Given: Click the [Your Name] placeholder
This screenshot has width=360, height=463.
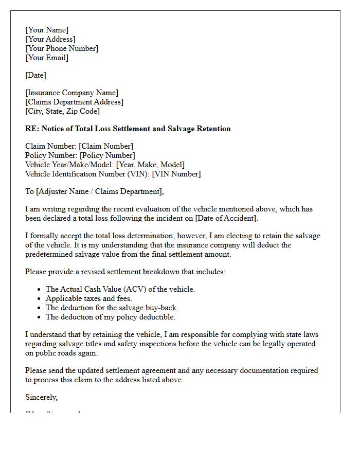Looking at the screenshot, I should click(47, 30).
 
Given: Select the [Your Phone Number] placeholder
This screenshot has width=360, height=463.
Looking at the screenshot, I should click(62, 48).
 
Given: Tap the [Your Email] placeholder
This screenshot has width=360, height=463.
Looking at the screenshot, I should click(47, 58).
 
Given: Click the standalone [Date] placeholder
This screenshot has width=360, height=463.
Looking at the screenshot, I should click(35, 75).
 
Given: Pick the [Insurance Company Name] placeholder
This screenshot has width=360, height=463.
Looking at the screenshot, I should click(71, 93).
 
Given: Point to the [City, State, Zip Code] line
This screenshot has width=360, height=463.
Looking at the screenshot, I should click(62, 111).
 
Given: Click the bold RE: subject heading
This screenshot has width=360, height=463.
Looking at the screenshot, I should click(128, 129).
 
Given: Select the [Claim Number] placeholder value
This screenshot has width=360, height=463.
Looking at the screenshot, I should click(106, 146).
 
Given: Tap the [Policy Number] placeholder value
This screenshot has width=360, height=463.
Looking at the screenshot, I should click(107, 155).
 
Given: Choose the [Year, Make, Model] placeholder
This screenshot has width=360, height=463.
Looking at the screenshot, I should click(150, 165).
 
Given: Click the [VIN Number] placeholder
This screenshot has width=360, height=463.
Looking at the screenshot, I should click(176, 174).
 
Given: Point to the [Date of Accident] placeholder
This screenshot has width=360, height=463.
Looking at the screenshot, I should click(226, 218).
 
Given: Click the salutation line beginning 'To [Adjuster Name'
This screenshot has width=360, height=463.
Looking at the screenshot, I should click(95, 191).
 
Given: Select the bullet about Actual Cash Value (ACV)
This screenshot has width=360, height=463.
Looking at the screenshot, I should click(120, 289).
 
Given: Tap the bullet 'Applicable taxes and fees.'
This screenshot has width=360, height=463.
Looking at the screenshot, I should click(89, 298).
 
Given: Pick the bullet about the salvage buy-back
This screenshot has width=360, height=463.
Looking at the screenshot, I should click(112, 308).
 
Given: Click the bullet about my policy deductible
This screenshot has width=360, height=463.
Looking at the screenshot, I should click(111, 317).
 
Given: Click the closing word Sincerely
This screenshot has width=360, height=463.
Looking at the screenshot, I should click(42, 397).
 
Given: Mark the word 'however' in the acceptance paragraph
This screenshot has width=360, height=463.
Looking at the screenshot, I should click(194, 236).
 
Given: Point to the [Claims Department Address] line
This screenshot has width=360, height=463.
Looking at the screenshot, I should click(74, 102).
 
